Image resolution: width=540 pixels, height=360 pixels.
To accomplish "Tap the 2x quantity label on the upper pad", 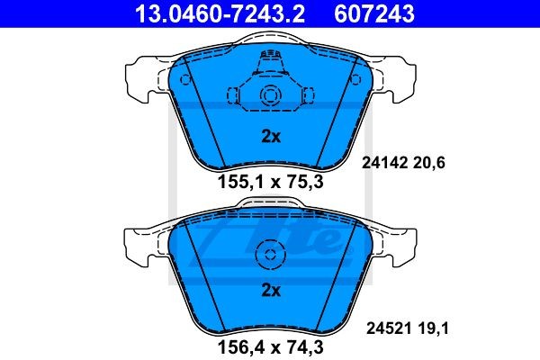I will (x=270, y=138).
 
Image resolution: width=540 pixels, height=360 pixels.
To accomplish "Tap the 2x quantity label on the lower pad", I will (x=270, y=291).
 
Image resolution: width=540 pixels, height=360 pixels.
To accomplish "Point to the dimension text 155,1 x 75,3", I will (x=271, y=182).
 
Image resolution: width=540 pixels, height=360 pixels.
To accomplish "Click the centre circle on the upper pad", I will (x=270, y=97).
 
